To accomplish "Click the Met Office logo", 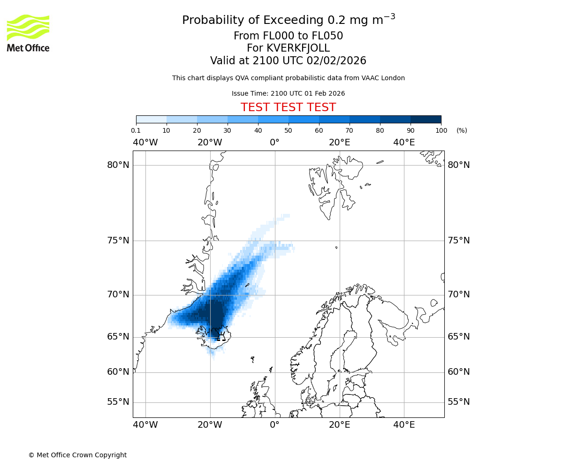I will point(28,33).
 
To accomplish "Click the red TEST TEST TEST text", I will point(288,107).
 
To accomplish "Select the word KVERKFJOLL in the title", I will point(298,48).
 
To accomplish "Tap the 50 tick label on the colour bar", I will point(289,130).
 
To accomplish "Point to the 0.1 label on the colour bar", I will point(136,130).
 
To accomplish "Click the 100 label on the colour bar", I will point(441,130).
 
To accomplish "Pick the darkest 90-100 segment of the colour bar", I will point(426,119).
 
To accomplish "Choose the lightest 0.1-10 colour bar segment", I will point(151,119).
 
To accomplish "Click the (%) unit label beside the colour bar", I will point(462,130).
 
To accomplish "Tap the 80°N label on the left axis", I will point(118,165).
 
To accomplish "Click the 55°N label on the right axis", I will point(458,402).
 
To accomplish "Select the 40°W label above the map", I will point(145,142).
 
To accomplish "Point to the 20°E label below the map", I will point(339,425).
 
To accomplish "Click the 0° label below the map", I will point(274,425).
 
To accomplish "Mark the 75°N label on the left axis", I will point(118,241).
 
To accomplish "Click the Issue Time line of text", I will point(288,93).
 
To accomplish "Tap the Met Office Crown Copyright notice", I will point(77,455).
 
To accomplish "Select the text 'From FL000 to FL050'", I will point(288,36).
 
